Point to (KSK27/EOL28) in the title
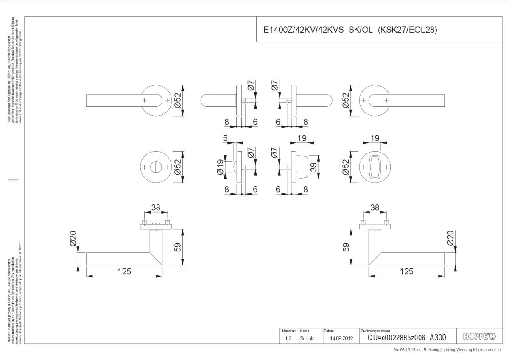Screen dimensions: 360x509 point(407,30)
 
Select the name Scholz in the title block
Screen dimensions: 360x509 point(307,338)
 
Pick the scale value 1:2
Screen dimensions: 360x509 point(288,338)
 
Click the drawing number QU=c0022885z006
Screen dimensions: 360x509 point(397,338)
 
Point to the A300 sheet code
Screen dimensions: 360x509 point(438,338)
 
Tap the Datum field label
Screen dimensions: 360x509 point(329,331)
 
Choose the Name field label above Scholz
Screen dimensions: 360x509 point(305,331)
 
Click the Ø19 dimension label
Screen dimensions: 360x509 point(220,167)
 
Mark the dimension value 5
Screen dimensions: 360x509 point(225,138)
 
